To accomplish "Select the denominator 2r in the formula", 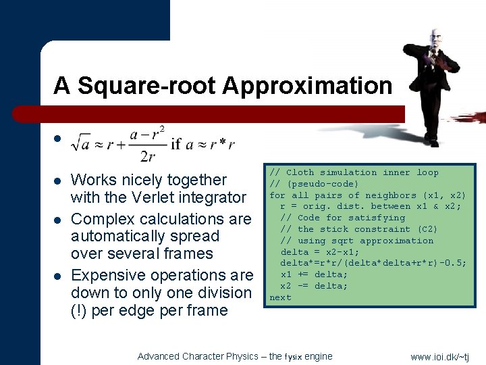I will pos(147,156).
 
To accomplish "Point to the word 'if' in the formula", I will pos(177,143).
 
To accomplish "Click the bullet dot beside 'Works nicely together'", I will pos(58,180).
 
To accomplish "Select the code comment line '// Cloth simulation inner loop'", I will pos(354,172).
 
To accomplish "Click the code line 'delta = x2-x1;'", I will pos(320,251).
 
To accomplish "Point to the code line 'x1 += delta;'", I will pos(314,274).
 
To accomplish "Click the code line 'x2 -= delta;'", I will pos(314,286).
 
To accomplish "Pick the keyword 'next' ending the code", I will pos(280,297).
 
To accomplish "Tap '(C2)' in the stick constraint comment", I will pos(427,229).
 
